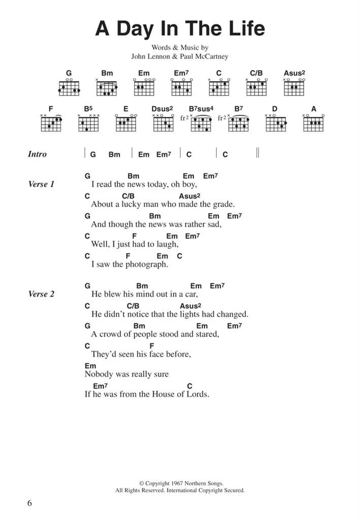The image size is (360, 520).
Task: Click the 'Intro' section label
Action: (x=37, y=154)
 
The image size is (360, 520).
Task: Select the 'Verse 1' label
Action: (x=41, y=184)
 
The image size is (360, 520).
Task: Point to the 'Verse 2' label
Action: (x=41, y=294)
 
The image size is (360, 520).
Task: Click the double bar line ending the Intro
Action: (x=258, y=153)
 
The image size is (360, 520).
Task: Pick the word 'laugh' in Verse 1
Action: (x=166, y=244)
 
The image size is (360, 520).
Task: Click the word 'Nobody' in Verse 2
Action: (x=96, y=374)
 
